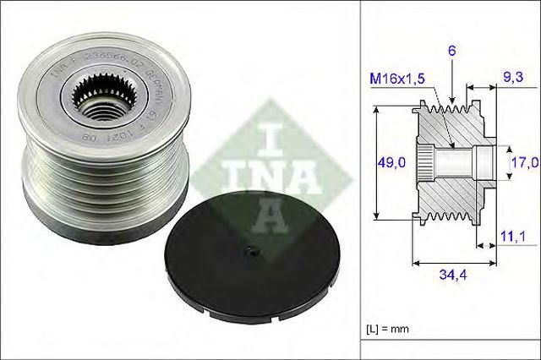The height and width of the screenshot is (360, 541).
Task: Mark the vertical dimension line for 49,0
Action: point(374,161)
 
